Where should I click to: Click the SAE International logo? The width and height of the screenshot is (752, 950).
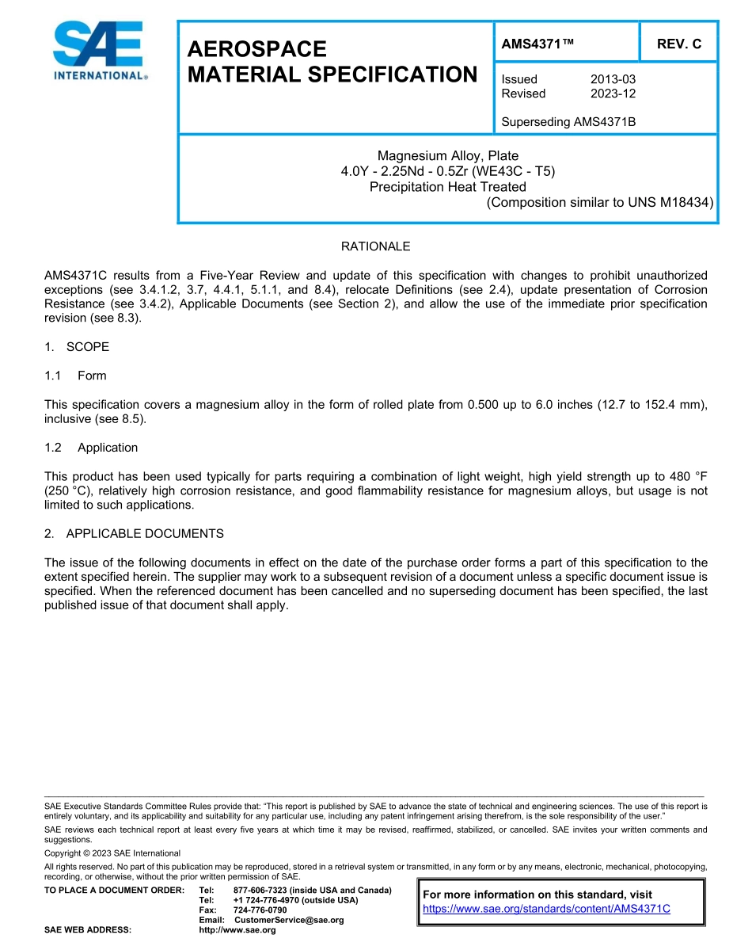point(98,51)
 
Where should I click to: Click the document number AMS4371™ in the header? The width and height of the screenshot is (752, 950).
point(537,44)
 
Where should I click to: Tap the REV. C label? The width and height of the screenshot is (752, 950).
point(678,44)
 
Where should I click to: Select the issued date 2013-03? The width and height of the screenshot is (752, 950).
point(613,79)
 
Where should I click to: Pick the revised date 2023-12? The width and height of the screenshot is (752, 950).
point(613,93)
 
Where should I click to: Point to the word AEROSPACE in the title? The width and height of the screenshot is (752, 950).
point(257,49)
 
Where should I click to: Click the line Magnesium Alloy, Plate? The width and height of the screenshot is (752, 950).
point(447,156)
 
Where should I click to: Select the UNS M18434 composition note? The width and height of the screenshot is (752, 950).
point(599,202)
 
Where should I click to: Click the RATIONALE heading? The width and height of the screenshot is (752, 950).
point(375,246)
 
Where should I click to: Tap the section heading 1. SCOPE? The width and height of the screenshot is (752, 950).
point(77,347)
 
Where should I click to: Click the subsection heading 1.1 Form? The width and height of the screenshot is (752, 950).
point(76,376)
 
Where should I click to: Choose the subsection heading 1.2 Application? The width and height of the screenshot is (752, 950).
point(91,448)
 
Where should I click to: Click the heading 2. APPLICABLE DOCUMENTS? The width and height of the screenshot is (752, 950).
point(134,533)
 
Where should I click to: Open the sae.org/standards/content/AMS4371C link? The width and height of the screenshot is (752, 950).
point(546,909)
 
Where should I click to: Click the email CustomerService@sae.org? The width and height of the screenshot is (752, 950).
point(289,920)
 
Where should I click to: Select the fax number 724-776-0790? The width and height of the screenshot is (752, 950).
point(260,910)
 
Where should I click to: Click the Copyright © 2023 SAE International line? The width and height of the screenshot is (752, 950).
point(112,853)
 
